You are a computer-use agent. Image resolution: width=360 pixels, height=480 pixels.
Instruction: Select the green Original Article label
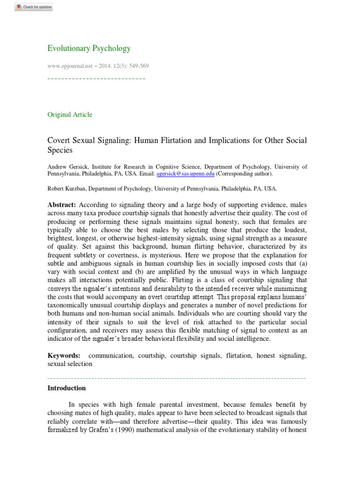[70, 114]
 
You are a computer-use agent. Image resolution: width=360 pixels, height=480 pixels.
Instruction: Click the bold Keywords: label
[64, 356]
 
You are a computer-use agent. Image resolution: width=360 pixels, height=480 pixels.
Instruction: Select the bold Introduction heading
[67, 388]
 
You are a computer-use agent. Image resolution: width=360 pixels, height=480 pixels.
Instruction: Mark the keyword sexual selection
[70, 363]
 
